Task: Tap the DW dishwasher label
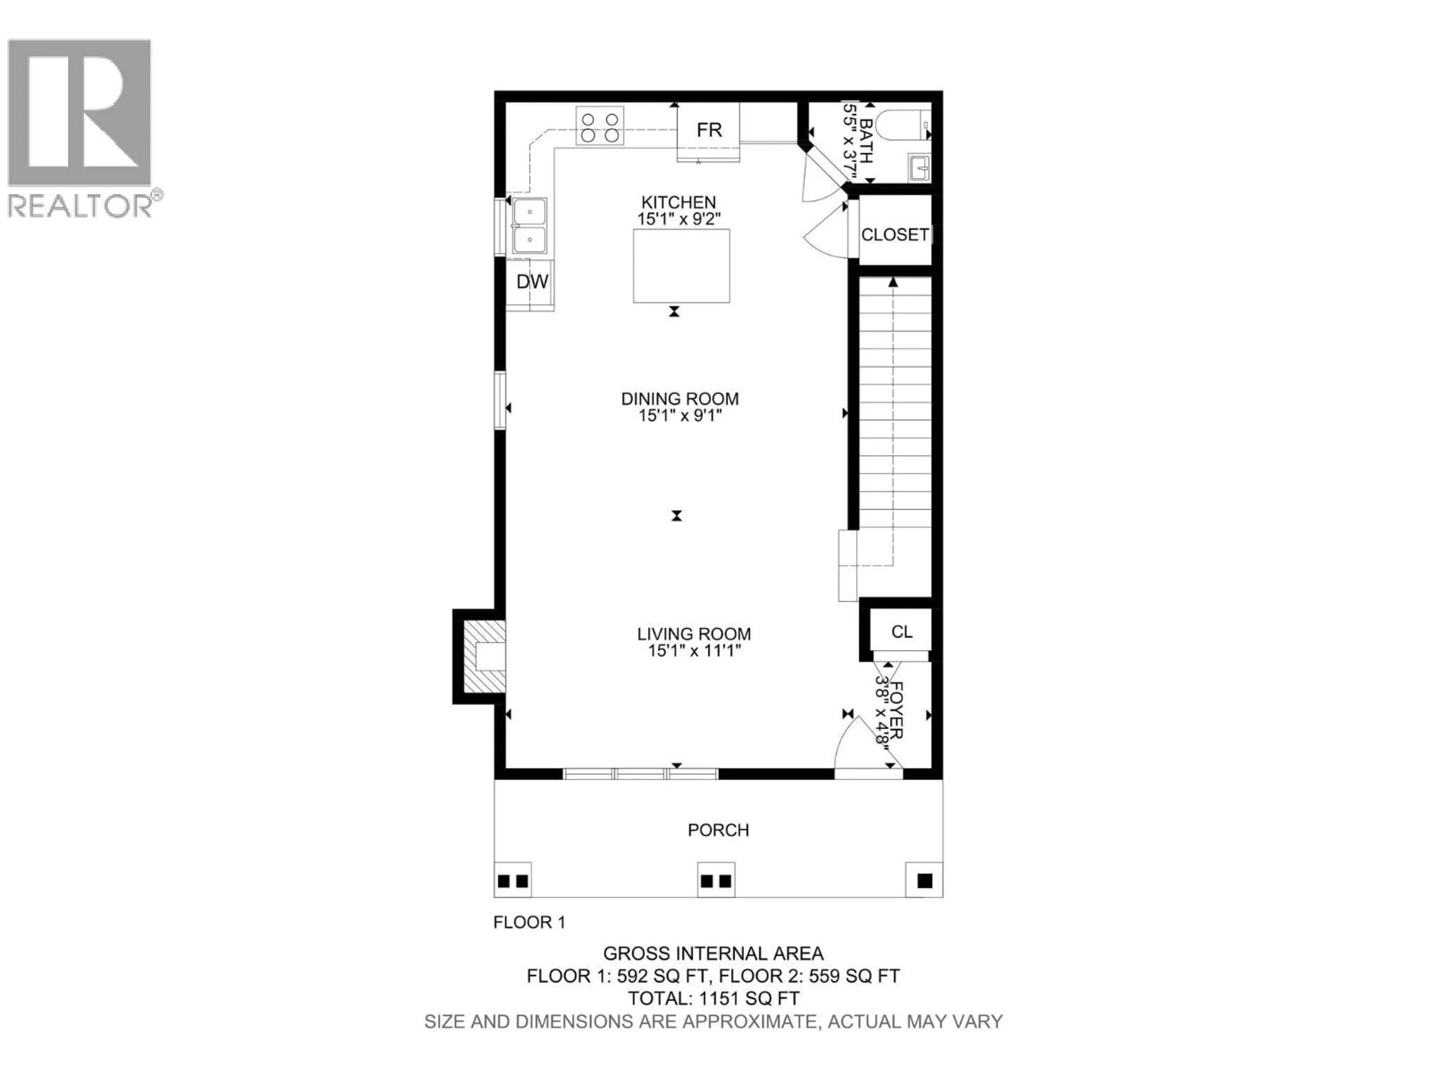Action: [533, 281]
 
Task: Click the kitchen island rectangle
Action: [681, 266]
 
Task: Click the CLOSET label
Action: [895, 235]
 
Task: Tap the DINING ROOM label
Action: [680, 399]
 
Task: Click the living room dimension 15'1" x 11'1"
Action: [694, 651]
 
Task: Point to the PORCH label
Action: [718, 830]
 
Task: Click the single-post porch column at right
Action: [924, 880]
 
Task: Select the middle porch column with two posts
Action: [716, 880]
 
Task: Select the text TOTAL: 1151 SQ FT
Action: [713, 998]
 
